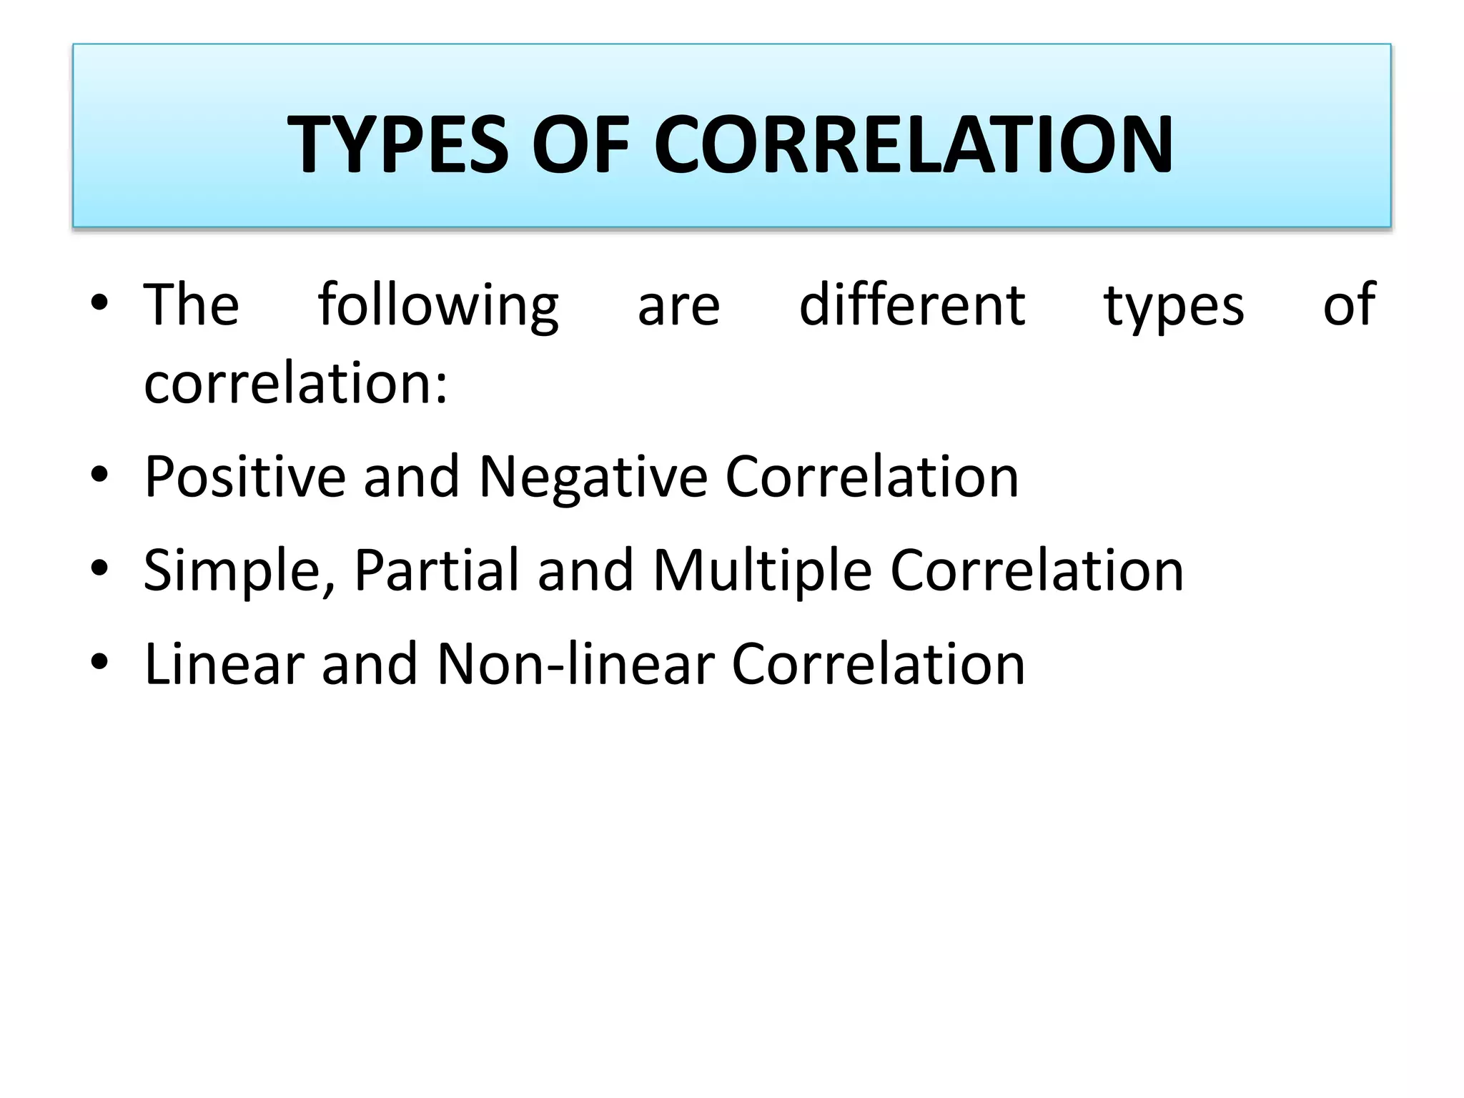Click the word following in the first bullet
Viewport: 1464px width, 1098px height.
pyautogui.click(x=438, y=306)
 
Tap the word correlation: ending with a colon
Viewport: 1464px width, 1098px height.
pyautogui.click(x=296, y=383)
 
